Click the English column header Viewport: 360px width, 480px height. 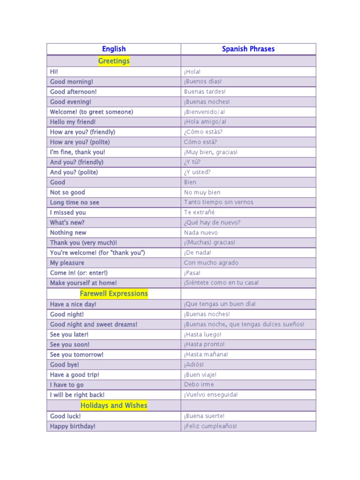114,49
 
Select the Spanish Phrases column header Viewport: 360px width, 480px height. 248,49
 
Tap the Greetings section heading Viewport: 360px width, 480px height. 114,61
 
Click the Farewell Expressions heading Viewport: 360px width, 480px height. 114,293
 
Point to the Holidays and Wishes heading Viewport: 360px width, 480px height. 114,405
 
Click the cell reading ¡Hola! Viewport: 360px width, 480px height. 193,72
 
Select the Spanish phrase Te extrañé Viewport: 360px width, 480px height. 200,212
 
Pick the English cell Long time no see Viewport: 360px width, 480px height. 75,202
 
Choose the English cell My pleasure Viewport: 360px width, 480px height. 67,263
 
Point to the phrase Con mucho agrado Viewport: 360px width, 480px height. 211,263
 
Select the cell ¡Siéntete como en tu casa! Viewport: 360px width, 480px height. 222,283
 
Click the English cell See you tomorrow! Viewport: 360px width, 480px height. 77,355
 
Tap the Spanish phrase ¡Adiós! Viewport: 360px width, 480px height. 194,365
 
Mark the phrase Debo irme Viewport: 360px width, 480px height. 199,384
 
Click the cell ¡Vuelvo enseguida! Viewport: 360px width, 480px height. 211,395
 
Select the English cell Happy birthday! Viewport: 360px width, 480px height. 73,426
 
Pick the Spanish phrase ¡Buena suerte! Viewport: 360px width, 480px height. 204,416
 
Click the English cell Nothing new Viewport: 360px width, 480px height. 68,232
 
